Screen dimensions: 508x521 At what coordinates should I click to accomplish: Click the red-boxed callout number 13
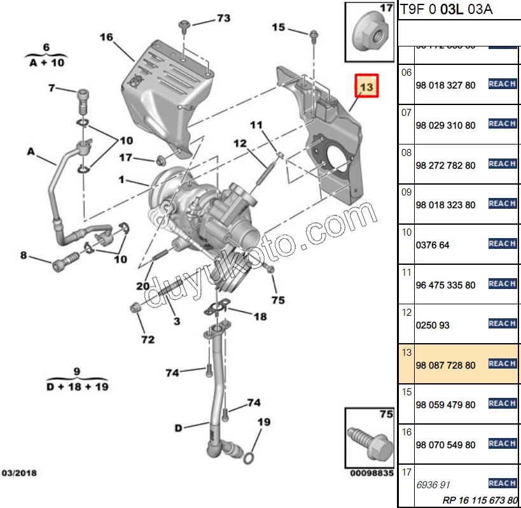367,85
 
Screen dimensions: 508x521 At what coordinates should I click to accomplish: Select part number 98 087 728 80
445,365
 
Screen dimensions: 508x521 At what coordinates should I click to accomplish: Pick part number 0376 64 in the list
432,245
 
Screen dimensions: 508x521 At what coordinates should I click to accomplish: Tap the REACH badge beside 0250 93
502,323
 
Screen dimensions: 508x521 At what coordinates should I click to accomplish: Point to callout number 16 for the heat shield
106,38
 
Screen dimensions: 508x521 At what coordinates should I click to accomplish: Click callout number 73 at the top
223,18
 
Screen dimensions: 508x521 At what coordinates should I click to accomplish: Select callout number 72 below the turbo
148,339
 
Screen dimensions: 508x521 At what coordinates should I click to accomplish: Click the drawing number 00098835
372,473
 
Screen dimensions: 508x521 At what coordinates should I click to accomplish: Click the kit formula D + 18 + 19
76,386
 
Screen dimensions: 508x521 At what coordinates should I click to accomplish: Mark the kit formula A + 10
46,62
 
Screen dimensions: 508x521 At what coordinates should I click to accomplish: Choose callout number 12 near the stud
239,145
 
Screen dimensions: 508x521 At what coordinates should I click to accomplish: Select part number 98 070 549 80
445,445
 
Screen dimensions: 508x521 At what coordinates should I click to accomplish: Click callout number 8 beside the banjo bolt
24,255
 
